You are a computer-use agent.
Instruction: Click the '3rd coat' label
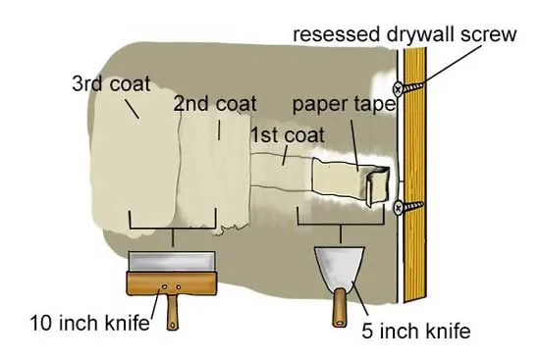tap(111, 83)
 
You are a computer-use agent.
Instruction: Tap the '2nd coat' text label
tap(215, 103)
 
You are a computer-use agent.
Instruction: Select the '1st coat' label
tap(288, 134)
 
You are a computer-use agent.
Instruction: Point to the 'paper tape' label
tap(344, 104)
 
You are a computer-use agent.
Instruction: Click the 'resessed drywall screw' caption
tap(405, 34)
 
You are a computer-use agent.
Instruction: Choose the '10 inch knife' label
tap(90, 323)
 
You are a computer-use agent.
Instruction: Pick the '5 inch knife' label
tap(416, 331)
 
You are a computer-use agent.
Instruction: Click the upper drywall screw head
tap(398, 89)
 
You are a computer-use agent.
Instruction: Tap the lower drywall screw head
tap(399, 208)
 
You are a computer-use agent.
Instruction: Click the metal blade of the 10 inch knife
tap(172, 262)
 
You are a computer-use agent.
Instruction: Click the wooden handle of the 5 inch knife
tap(340, 308)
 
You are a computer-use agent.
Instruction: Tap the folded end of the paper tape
tap(377, 185)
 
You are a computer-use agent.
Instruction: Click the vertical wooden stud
tap(414, 175)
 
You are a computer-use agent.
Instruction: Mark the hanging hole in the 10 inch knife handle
tap(172, 325)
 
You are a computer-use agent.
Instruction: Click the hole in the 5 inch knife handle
tap(340, 323)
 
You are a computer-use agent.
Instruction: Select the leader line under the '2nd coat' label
tap(219, 129)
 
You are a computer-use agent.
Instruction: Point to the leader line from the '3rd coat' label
tap(132, 109)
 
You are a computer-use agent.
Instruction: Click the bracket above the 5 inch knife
tap(341, 224)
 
